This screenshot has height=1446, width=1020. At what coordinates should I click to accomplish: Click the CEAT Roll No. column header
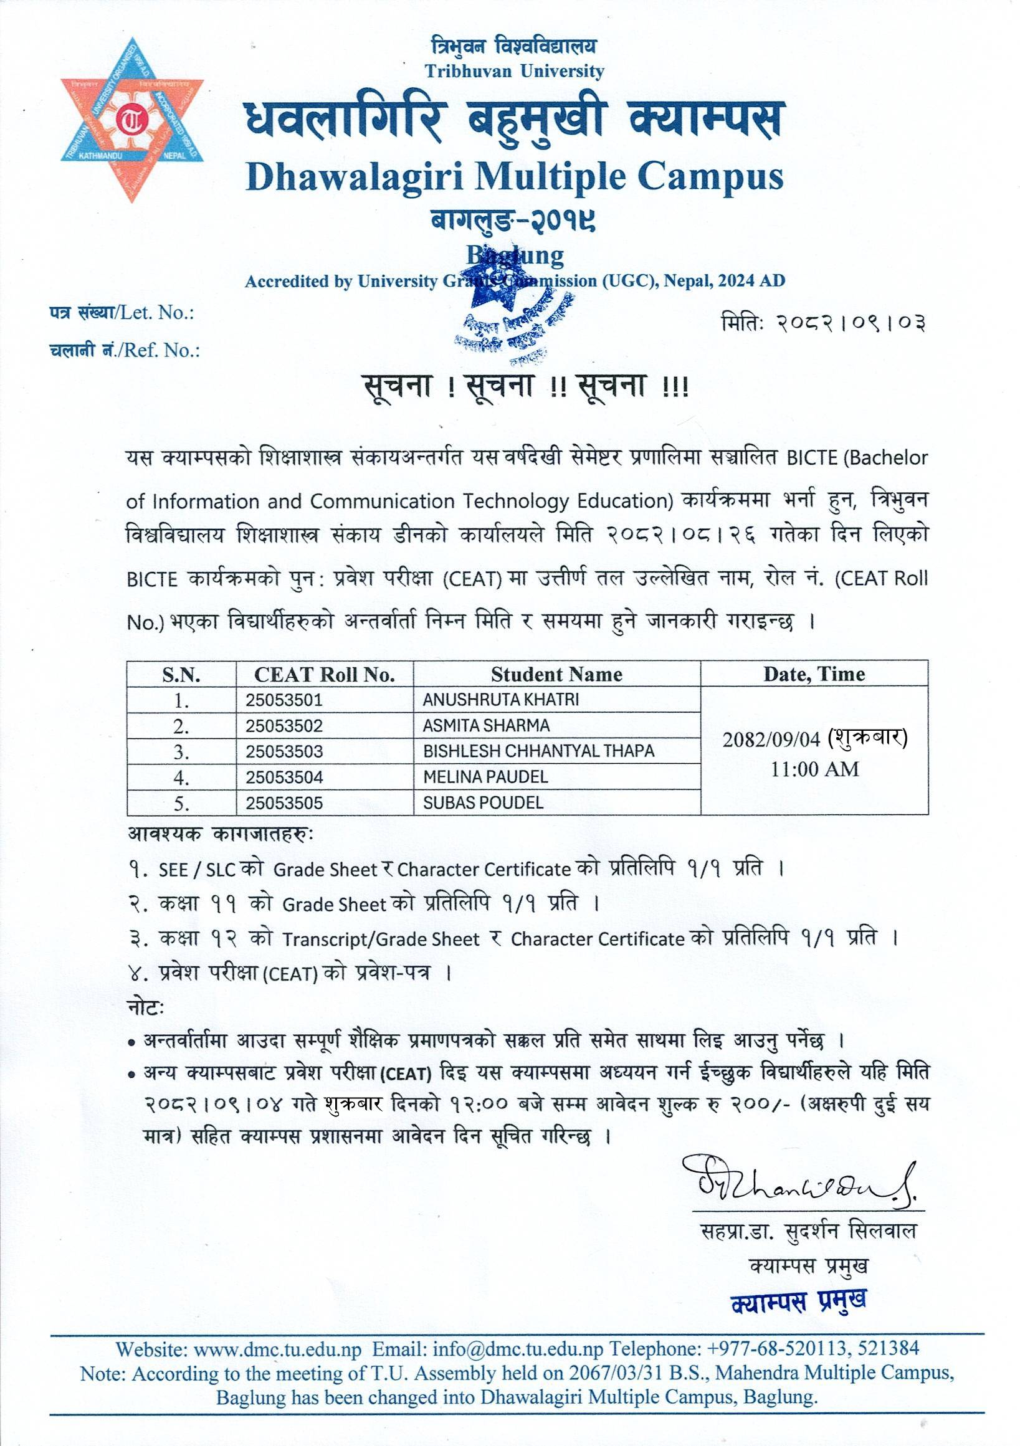(324, 675)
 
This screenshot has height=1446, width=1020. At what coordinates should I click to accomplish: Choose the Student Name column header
(556, 675)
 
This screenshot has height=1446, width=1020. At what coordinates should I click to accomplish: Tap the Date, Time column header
(814, 675)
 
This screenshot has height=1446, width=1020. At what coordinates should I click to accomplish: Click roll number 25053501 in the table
(284, 700)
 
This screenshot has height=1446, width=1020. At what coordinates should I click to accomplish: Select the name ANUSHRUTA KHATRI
(501, 700)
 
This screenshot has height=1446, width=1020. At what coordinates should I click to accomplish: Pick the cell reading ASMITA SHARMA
(486, 726)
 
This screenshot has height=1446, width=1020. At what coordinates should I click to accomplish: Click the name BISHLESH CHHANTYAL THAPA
(539, 751)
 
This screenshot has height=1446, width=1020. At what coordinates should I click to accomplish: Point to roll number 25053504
(284, 777)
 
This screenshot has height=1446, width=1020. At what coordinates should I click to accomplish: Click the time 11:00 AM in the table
(815, 769)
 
